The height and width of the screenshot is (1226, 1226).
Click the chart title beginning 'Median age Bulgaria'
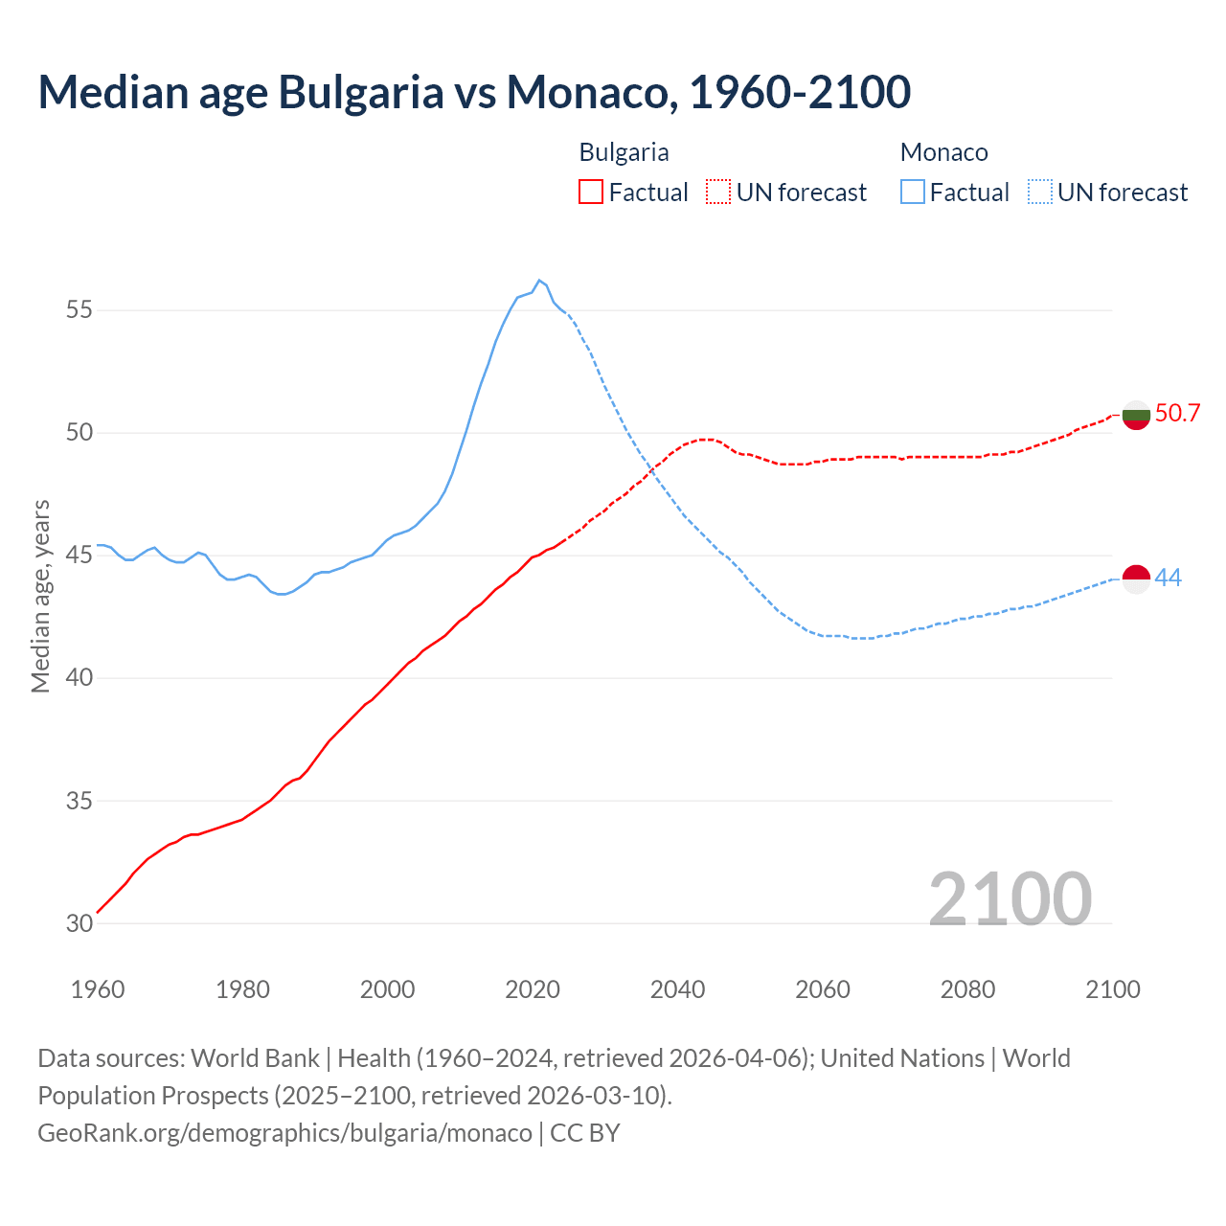click(474, 92)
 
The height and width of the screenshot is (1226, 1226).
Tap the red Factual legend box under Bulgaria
click(591, 193)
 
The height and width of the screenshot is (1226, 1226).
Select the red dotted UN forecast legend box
click(718, 193)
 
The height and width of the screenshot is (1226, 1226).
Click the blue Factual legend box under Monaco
click(913, 193)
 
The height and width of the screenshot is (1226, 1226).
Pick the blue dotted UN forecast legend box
click(1040, 193)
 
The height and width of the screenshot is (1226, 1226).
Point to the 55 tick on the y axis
click(79, 310)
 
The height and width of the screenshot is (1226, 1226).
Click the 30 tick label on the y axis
click(79, 923)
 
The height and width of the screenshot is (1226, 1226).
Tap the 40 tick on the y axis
click(79, 678)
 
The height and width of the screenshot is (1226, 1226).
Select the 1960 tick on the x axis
click(98, 988)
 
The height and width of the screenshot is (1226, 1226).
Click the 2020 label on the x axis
click(533, 988)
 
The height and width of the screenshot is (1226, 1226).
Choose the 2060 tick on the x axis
click(823, 988)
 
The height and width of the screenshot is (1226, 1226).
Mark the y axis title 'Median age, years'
click(40, 596)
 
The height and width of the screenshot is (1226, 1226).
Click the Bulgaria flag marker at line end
click(1136, 416)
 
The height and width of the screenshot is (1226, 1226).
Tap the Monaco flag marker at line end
click(1136, 579)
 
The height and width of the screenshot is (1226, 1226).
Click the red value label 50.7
click(1177, 413)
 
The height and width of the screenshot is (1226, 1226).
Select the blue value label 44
click(1168, 578)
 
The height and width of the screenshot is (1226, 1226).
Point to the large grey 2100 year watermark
click(1010, 898)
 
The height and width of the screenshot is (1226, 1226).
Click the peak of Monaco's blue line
click(539, 281)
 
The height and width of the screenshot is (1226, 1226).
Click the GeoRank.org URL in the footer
click(284, 1132)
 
